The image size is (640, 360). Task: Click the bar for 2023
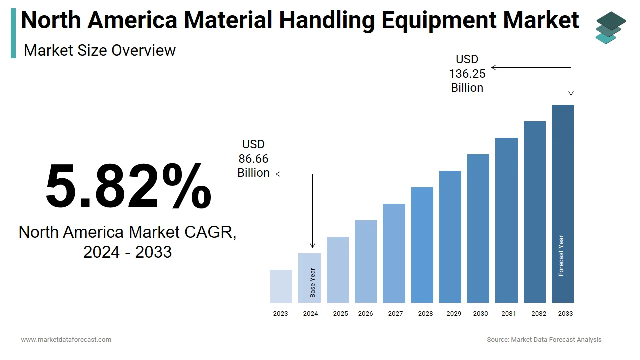click(x=281, y=286)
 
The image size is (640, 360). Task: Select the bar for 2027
click(x=394, y=253)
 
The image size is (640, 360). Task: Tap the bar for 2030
click(x=478, y=228)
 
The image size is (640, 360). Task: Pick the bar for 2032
click(x=535, y=212)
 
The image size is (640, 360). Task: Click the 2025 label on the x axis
click(x=340, y=314)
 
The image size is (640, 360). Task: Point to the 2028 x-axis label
click(x=425, y=314)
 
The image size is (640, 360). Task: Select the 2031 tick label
click(x=509, y=314)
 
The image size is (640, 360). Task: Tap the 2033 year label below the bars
click(x=565, y=314)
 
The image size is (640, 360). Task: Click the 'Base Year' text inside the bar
click(x=313, y=283)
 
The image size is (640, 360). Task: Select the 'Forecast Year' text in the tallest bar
click(x=561, y=256)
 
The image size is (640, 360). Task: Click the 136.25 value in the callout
click(x=467, y=74)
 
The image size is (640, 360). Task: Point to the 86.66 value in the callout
click(x=253, y=159)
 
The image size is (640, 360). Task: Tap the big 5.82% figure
click(x=128, y=186)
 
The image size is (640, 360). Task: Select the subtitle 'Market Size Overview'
click(x=100, y=50)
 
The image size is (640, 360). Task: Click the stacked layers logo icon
click(x=610, y=27)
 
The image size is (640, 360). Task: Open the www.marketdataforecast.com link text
click(x=66, y=340)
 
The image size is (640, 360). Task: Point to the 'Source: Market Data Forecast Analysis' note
click(x=544, y=340)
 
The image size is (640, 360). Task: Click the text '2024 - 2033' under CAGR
click(x=128, y=252)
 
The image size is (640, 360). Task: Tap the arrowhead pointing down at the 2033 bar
click(x=571, y=93)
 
